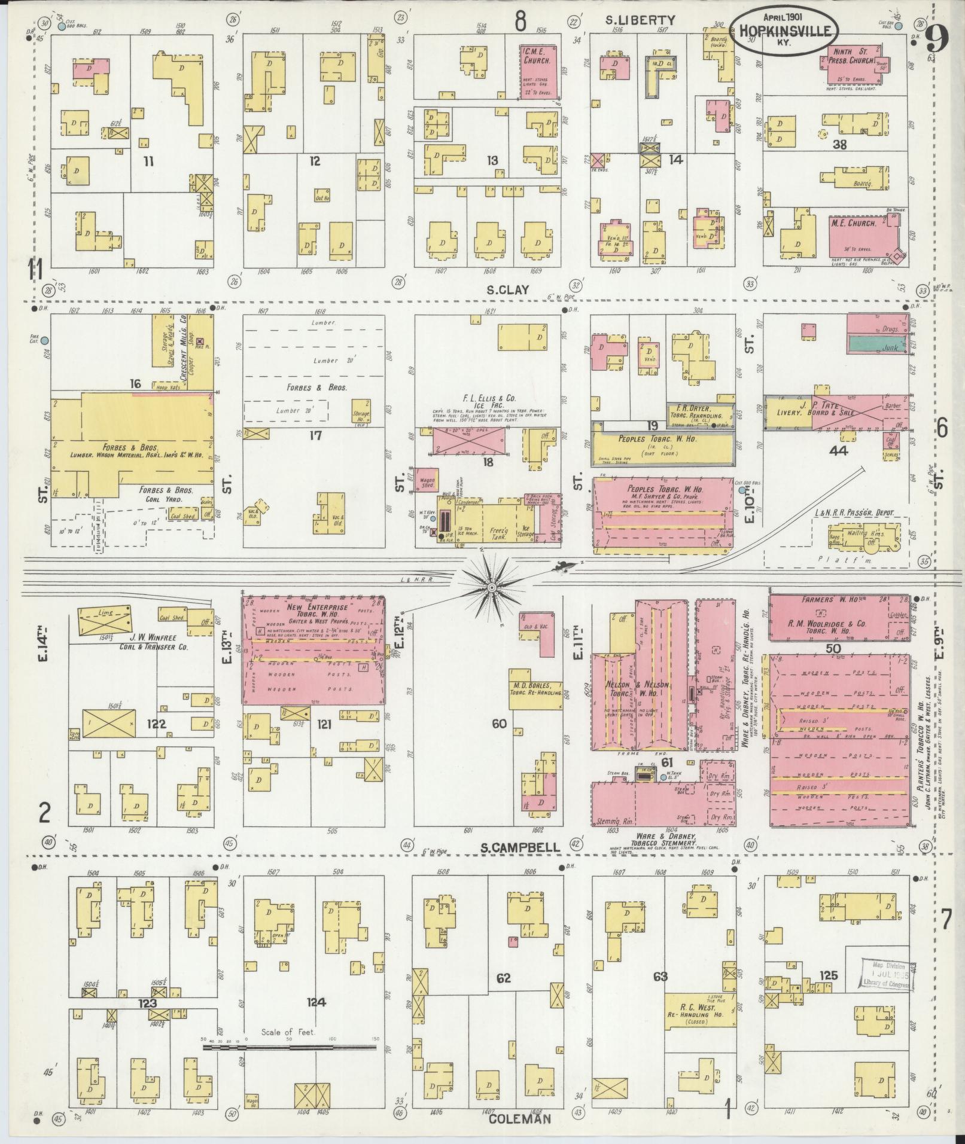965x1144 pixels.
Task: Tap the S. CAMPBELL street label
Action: [521, 847]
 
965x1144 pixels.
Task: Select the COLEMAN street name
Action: [518, 1119]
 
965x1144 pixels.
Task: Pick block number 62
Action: [504, 979]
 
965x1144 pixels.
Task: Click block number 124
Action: [315, 1002]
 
